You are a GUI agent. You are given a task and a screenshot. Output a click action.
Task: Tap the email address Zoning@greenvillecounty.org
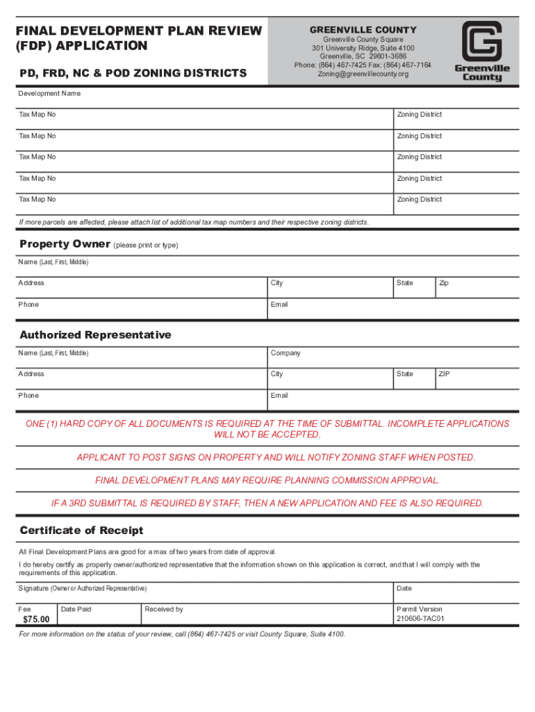363,74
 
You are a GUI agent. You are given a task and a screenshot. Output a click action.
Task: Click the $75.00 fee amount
36,619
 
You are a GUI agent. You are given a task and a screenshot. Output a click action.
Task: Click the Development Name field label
49,93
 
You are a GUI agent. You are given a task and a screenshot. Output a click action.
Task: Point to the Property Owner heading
65,244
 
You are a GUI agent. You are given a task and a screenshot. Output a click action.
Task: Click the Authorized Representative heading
95,335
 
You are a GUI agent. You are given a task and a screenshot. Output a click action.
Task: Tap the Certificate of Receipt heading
81,531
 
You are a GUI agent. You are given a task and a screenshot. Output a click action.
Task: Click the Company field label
286,353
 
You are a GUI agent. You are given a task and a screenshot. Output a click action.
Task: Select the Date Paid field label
76,609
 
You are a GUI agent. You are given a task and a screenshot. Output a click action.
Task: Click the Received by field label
164,609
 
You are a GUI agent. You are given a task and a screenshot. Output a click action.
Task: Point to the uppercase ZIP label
444,374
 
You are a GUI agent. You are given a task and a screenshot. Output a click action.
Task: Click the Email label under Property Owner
279,305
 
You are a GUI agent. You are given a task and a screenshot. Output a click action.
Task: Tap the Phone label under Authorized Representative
29,396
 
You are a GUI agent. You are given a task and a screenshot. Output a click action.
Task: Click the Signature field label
83,588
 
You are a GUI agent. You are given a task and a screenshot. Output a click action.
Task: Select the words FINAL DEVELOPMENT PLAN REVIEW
139,31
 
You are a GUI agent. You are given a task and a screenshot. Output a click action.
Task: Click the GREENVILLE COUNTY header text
363,30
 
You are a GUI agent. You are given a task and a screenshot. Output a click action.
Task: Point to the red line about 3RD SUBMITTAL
267,503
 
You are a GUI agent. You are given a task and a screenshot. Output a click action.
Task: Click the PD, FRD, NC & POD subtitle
133,73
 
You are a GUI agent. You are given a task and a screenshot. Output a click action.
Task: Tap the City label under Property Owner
277,283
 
